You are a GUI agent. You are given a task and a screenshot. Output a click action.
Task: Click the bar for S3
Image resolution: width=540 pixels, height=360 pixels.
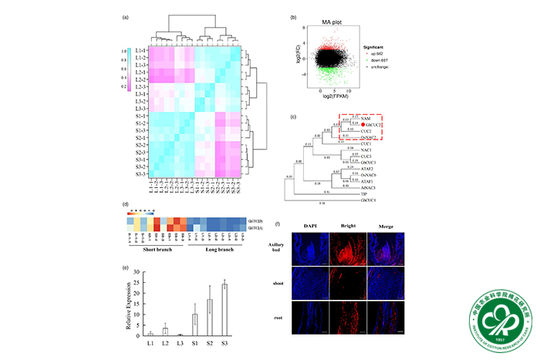(224, 310)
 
